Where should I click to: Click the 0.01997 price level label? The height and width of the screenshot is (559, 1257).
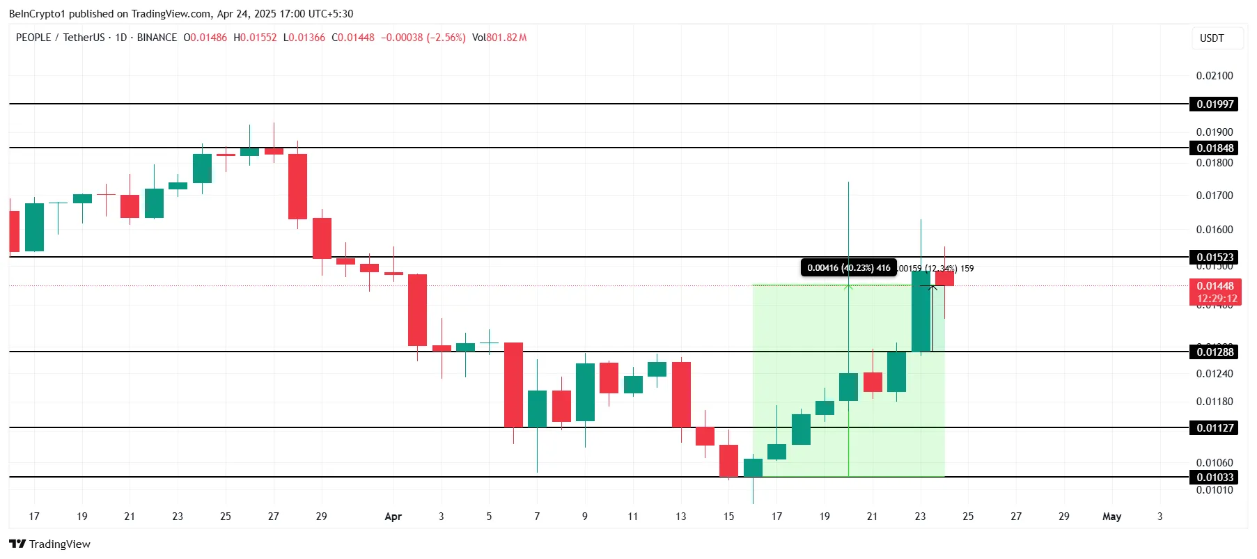[1215, 104]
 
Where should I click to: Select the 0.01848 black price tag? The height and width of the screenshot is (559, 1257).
[1215, 148]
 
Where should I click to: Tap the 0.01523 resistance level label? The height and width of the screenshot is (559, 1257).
[1215, 258]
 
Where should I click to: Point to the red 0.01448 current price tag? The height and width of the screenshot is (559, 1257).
[1215, 286]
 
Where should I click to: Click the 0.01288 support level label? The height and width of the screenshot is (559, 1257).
[1215, 352]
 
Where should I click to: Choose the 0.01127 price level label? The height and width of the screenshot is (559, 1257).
[1215, 428]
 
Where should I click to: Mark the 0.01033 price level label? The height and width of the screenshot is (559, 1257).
[1215, 478]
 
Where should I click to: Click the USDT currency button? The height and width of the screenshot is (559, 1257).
[1211, 38]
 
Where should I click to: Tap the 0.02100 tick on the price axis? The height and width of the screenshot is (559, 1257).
[1214, 76]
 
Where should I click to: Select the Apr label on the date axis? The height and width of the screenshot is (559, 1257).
[393, 517]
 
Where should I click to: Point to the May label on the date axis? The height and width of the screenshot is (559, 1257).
[1111, 517]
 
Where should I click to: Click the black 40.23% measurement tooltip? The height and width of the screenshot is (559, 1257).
[848, 268]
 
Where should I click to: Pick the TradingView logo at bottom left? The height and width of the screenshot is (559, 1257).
[50, 544]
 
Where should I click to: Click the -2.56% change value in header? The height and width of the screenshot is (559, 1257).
[446, 38]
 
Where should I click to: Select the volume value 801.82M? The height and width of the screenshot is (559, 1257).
[506, 38]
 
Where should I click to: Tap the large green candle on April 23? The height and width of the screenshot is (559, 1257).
[921, 311]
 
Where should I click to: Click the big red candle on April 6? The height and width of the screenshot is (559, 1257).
[513, 385]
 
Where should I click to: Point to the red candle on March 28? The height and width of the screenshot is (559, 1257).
[297, 187]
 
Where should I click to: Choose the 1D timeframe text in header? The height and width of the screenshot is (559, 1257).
[121, 38]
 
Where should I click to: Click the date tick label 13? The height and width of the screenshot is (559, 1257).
[680, 517]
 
